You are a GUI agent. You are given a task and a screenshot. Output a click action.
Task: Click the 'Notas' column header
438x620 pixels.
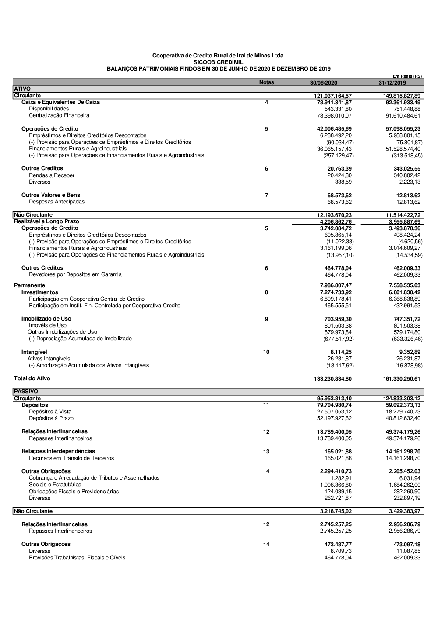pyautogui.click(x=266, y=82)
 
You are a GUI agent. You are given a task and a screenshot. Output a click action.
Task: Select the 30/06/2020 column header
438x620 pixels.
pyautogui.click(x=323, y=83)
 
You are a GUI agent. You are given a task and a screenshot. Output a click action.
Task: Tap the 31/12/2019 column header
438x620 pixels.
pyautogui.click(x=392, y=83)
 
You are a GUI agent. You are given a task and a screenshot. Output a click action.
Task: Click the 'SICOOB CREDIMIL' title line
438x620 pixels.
pyautogui.click(x=218, y=62)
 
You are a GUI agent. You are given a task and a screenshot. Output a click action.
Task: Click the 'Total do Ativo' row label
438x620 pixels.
pyautogui.click(x=32, y=378)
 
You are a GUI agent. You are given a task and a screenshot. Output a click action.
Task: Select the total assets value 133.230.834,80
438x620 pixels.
pyautogui.click(x=332, y=379)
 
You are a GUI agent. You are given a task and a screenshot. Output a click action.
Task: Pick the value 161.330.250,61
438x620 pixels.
pyautogui.click(x=402, y=379)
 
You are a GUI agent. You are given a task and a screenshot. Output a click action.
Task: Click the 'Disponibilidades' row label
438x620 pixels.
pyautogui.click(x=49, y=109)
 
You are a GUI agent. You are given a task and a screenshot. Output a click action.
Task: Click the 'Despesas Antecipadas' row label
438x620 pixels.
pyautogui.click(x=57, y=202)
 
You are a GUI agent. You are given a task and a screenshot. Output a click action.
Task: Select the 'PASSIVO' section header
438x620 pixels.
pyautogui.click(x=26, y=392)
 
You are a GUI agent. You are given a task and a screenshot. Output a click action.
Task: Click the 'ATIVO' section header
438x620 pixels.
pyautogui.click(x=22, y=89)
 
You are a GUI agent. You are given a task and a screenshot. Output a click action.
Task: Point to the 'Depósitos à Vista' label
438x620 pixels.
pyautogui.click(x=50, y=412)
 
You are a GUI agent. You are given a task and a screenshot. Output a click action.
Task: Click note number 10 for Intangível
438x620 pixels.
pyautogui.click(x=266, y=352)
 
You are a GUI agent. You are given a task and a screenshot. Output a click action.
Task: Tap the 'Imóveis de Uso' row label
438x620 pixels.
pyautogui.click(x=48, y=325)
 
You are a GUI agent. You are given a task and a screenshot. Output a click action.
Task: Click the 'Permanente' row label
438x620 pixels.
pyautogui.click(x=29, y=285)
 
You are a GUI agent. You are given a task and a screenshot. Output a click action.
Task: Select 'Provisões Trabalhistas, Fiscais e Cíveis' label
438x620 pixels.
pyautogui.click(x=77, y=558)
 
